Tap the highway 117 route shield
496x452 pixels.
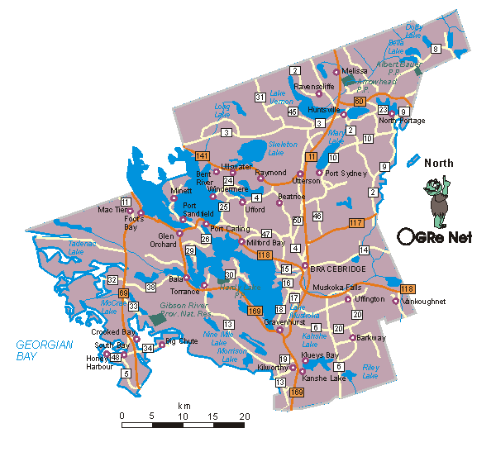point(356,222)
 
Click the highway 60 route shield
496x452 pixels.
point(359,102)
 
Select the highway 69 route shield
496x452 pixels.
point(123,293)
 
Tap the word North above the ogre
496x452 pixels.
point(439,163)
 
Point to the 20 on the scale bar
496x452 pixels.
point(244,415)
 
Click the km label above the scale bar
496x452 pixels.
point(184,407)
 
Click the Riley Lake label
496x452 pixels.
point(370,372)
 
